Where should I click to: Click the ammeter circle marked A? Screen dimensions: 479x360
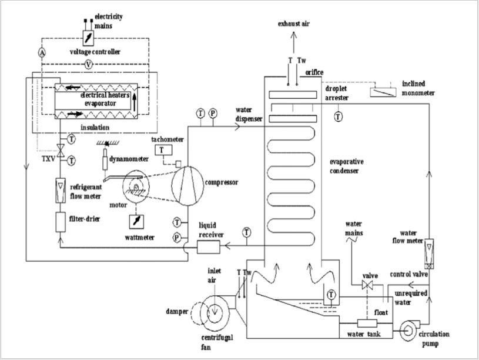pyautogui.click(x=42, y=52)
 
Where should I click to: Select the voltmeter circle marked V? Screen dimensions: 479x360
pyautogui.click(x=89, y=64)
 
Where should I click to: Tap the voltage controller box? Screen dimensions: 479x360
pyautogui.click(x=88, y=38)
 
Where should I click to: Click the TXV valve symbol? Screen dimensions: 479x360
pyautogui.click(x=61, y=151)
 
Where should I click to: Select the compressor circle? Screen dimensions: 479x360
pyautogui.click(x=187, y=186)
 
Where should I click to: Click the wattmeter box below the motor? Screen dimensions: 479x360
pyautogui.click(x=136, y=222)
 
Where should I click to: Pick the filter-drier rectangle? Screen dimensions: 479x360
pyautogui.click(x=61, y=222)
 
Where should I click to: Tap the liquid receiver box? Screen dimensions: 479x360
pyautogui.click(x=209, y=247)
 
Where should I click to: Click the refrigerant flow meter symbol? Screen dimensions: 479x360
pyautogui.click(x=61, y=191)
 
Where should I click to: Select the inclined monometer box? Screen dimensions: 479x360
pyautogui.click(x=383, y=92)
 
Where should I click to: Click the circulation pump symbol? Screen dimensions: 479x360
pyautogui.click(x=408, y=330)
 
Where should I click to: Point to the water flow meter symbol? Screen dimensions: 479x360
pyautogui.click(x=429, y=254)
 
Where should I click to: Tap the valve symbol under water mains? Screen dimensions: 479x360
pyautogui.click(x=367, y=285)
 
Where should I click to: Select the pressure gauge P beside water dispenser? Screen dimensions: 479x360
pyautogui.click(x=213, y=114)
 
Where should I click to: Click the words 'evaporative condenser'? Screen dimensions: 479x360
pyautogui.click(x=346, y=166)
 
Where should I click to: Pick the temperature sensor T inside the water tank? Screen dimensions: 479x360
pyautogui.click(x=331, y=295)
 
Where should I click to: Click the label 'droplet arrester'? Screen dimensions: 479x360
pyautogui.click(x=336, y=93)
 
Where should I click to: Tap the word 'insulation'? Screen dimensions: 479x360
pyautogui.click(x=95, y=127)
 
